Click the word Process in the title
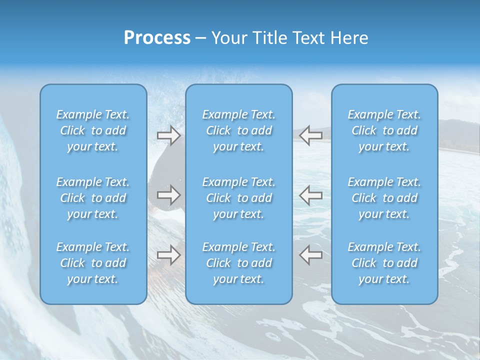[x=157, y=38]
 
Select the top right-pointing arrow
[x=168, y=135]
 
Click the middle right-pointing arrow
[x=168, y=194]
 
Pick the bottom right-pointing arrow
[x=168, y=255]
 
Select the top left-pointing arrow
[x=310, y=135]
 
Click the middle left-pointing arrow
[x=310, y=194]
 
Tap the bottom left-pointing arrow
[x=310, y=255]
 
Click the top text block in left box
[x=93, y=130]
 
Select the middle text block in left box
[x=93, y=198]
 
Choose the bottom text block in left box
[x=93, y=263]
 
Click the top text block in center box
[x=239, y=130]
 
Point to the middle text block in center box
[x=239, y=198]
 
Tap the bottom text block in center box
[x=239, y=263]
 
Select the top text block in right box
[x=384, y=130]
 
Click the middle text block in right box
[x=384, y=198]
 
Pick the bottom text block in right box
[x=384, y=263]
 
